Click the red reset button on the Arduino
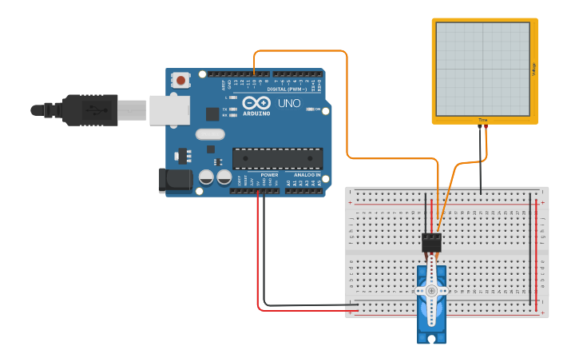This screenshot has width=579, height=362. pos(182,80)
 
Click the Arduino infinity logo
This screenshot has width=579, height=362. pos(256,103)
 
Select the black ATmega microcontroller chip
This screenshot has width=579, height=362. pos(278,158)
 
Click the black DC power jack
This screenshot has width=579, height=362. pos(175,181)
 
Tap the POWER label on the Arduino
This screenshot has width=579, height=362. pos(269,174)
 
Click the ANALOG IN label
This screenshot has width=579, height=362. pos(307,174)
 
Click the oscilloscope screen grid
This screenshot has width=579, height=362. pos(482,68)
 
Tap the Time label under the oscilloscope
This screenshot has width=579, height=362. pos(482,120)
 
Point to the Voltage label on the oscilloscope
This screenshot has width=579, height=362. pos(533,70)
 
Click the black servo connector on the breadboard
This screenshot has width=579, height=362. pos(432,242)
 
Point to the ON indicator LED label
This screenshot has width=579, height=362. pos(317,109)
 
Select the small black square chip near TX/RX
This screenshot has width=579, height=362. pos(212,114)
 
